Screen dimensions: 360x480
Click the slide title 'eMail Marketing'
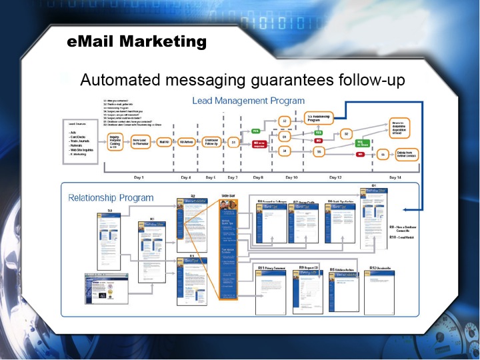click(137, 42)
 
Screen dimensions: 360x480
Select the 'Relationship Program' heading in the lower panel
click(111, 197)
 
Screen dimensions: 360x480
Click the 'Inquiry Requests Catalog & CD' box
click(118, 141)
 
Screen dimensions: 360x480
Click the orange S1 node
click(234, 142)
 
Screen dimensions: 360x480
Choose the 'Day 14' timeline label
click(395, 178)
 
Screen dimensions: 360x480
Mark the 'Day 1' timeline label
click(139, 178)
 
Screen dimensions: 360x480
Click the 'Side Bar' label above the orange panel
click(229, 196)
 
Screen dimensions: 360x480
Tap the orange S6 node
click(383, 154)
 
